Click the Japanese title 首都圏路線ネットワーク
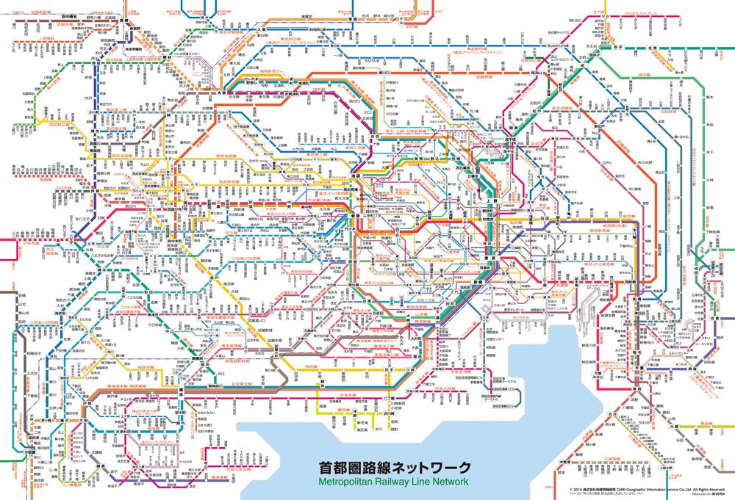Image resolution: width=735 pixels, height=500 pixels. point(393,468)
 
